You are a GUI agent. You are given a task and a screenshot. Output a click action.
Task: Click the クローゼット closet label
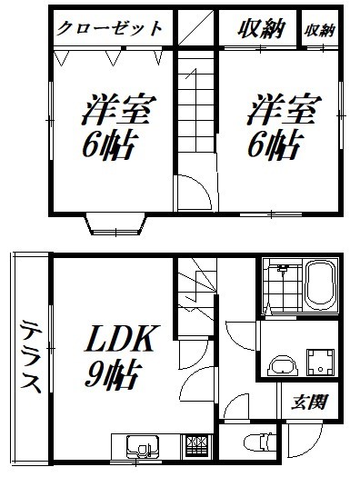click(x=110, y=27)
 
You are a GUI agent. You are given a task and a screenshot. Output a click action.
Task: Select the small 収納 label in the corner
click(x=320, y=29)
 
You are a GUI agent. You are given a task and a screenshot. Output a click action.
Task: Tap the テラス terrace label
click(x=30, y=354)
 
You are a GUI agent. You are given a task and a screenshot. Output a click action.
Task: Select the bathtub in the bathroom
click(x=321, y=284)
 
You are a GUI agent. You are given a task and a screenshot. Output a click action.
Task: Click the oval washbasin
click(x=284, y=367)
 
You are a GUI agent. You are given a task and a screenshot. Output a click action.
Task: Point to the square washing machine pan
click(x=320, y=359)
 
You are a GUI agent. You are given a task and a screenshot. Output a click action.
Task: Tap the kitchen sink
click(x=142, y=448)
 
